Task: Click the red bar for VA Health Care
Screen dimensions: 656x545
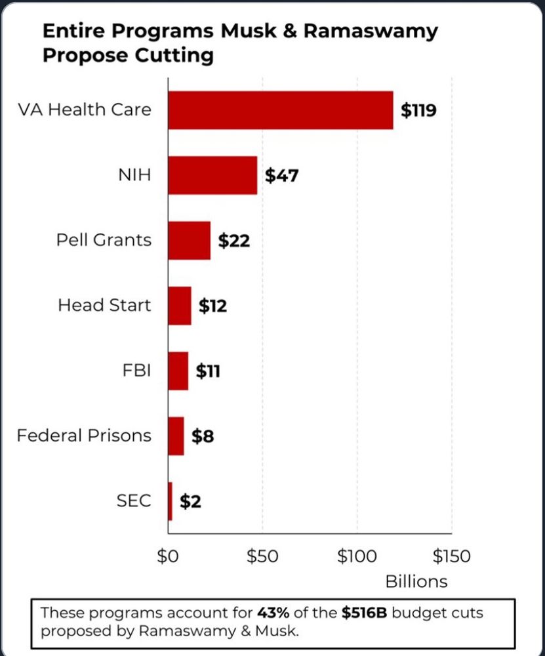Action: [x=280, y=110]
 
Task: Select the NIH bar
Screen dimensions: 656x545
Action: [x=212, y=175]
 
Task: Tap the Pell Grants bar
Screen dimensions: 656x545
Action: [x=189, y=240]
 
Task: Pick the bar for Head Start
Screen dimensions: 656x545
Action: [x=180, y=306]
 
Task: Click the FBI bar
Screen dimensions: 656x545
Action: [x=178, y=371]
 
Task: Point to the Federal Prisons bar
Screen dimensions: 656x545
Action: [x=176, y=436]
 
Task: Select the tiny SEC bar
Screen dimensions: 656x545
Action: [x=171, y=501]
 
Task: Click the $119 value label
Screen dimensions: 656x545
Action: [x=418, y=110]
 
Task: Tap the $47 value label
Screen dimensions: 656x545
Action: [x=281, y=176]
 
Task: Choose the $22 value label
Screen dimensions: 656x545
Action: [x=234, y=241]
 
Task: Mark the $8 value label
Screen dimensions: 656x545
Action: [x=203, y=436]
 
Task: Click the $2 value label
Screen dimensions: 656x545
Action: [x=190, y=502]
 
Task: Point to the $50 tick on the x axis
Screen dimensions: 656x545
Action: [x=262, y=556]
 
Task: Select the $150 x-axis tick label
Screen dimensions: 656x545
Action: [x=451, y=556]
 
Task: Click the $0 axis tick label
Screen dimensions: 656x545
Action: [x=168, y=556]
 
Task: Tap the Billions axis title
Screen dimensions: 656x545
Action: [x=416, y=581]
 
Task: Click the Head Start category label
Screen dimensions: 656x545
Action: [x=104, y=305]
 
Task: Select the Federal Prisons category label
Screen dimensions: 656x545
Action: [x=84, y=436]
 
